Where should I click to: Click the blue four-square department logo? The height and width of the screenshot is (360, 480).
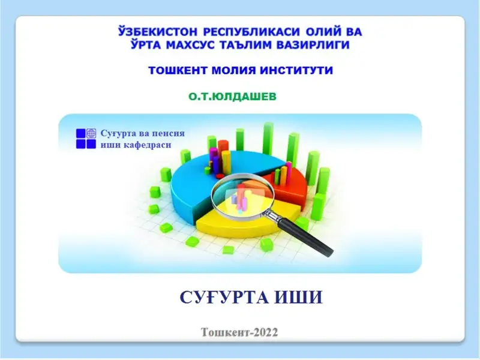[86, 139]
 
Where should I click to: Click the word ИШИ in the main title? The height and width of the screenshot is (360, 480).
[302, 296]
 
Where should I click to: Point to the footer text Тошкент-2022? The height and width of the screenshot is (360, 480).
[239, 331]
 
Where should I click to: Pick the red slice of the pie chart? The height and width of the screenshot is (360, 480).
[294, 180]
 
